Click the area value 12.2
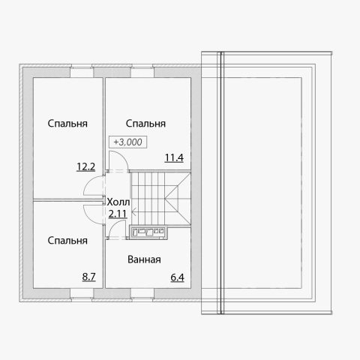click(x=85, y=166)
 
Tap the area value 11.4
click(x=174, y=157)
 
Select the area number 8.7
click(x=89, y=277)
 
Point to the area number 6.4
click(x=177, y=277)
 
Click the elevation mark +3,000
click(x=127, y=142)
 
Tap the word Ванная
click(x=144, y=259)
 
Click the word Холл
click(x=118, y=202)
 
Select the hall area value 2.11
click(x=118, y=214)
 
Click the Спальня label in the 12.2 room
click(x=67, y=124)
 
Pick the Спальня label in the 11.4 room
click(x=145, y=124)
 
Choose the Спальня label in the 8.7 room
click(x=67, y=241)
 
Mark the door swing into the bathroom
click(x=113, y=226)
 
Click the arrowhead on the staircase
click(x=133, y=213)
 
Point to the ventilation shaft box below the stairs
click(x=148, y=232)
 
